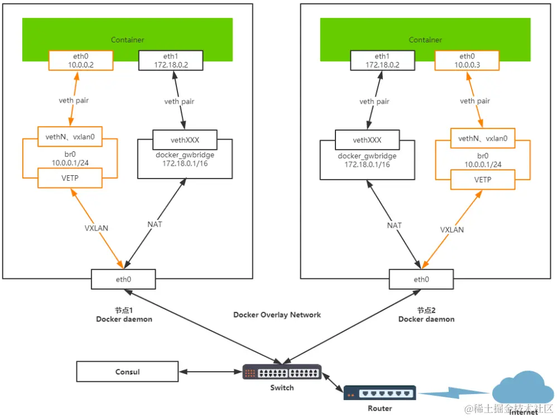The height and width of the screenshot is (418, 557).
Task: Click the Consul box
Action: [127, 372]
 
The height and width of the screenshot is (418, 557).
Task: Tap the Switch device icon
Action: [282, 372]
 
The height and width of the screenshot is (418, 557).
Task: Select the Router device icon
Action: [380, 393]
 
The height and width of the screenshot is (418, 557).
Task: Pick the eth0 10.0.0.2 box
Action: [81, 60]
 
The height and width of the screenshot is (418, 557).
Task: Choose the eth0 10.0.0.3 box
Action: [467, 60]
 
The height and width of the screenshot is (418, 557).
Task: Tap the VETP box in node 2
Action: [483, 179]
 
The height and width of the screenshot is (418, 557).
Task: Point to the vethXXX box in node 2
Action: [367, 140]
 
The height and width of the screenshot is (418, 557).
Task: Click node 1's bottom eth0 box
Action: [124, 278]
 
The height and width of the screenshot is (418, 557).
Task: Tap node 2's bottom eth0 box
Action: [422, 278]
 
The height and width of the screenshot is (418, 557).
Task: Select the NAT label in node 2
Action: [395, 225]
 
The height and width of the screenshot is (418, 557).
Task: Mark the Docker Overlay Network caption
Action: [277, 315]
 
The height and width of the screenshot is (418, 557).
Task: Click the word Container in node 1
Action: [127, 40]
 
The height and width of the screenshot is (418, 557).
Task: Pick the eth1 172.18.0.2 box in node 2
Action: [382, 60]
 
